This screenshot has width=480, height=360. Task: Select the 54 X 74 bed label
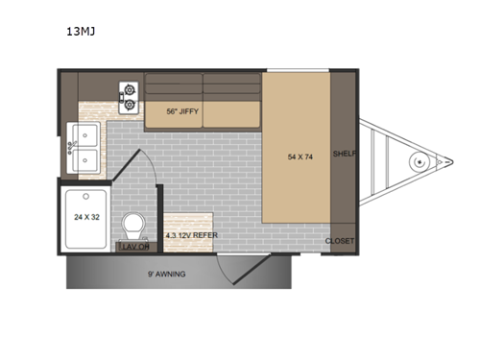coord(300,156)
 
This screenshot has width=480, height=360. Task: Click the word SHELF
coord(344,154)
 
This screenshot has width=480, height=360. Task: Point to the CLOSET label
coord(340,240)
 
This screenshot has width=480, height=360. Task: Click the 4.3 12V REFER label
coord(188,235)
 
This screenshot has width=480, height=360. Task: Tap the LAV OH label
coord(133,247)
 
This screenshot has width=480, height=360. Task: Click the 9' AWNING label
coord(167,274)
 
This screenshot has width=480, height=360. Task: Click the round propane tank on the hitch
coord(418,161)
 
